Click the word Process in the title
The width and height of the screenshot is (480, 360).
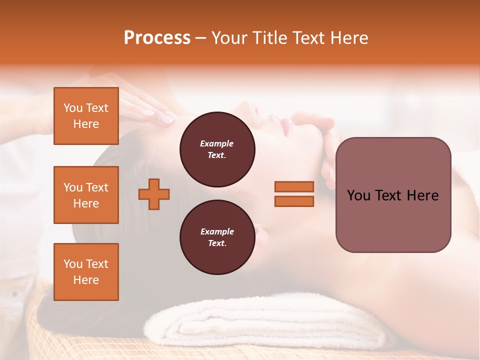coord(157,38)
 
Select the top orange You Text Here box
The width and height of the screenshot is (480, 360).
coord(86,116)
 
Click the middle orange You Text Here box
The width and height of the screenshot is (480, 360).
coord(86,195)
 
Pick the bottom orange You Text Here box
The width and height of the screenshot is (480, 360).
coord(86,272)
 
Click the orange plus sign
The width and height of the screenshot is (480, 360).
coord(153,194)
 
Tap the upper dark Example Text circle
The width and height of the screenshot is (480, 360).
coord(217,149)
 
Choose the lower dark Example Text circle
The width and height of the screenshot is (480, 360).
coord(217,237)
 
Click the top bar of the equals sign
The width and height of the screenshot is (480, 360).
coord(294,186)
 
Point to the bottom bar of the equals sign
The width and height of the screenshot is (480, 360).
coord(294,201)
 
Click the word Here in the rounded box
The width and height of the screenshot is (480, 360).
coord(422,195)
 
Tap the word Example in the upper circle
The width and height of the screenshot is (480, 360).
coord(217,143)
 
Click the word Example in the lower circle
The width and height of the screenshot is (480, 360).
coord(217,231)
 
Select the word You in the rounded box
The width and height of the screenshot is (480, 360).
coord(358,195)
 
